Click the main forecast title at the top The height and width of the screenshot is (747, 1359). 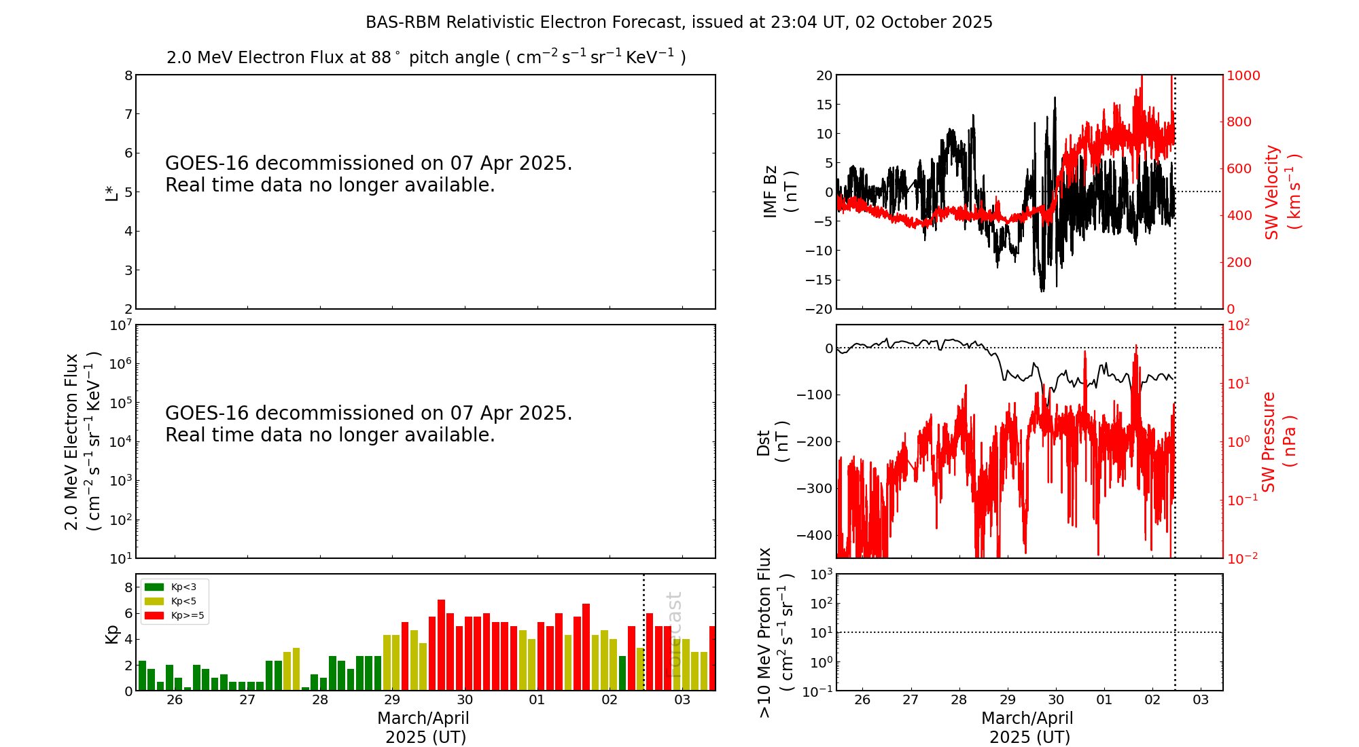pos(679,22)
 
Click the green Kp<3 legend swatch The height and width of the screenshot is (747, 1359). pos(154,587)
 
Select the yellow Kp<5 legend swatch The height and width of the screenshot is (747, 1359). pos(154,601)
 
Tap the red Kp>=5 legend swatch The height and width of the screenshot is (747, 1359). pos(154,616)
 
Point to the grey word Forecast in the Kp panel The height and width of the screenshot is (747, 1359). pos(673,634)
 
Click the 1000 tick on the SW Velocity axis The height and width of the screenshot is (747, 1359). pos(1243,75)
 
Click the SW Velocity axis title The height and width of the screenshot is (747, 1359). pos(1282,192)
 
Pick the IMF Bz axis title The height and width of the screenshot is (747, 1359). pos(779,192)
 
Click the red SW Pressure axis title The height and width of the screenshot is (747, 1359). pos(1278,442)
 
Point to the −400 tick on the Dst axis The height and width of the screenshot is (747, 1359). pos(815,535)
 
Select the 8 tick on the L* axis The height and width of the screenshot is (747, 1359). pos(128,75)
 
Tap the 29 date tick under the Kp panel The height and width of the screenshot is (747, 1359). pos(392,700)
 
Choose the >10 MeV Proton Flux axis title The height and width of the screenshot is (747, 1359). pos(775,633)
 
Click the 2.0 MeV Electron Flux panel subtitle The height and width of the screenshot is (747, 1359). pos(426,58)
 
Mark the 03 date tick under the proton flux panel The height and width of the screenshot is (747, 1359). pos(1201,700)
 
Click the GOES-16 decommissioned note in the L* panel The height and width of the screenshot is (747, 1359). pos(369,174)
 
